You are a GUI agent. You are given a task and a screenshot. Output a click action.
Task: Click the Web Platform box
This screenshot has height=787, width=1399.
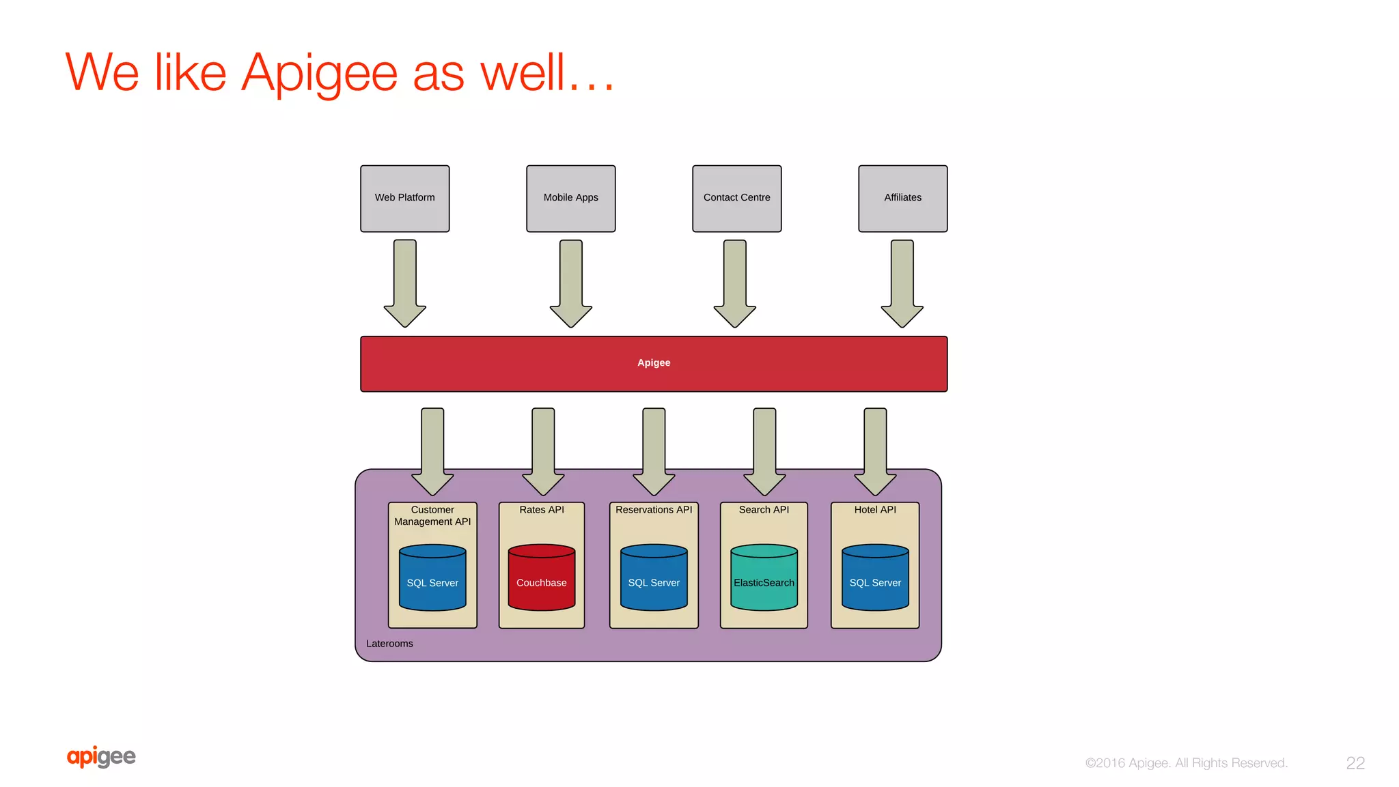click(x=404, y=198)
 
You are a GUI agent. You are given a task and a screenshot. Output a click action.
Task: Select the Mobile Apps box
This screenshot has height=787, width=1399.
click(x=570, y=198)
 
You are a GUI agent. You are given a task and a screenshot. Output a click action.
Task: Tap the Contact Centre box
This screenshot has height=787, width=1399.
click(x=736, y=198)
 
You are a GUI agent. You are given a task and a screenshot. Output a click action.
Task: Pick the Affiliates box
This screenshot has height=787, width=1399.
click(x=902, y=198)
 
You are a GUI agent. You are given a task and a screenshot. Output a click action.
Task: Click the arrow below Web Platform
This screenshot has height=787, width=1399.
click(x=405, y=283)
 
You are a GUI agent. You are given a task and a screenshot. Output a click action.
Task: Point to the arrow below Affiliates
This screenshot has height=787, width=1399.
click(x=902, y=283)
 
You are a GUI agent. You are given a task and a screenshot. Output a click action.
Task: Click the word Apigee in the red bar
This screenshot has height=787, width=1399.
click(x=654, y=362)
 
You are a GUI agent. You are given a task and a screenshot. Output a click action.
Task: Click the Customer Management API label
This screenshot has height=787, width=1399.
click(x=432, y=515)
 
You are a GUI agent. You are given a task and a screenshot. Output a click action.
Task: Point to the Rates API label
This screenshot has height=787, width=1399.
click(x=542, y=510)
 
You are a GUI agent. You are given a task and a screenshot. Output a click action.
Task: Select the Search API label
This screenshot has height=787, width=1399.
click(x=764, y=510)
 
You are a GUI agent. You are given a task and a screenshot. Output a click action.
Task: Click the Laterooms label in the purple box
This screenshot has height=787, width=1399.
click(x=389, y=644)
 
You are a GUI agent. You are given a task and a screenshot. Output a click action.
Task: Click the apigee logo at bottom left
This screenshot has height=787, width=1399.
click(x=101, y=756)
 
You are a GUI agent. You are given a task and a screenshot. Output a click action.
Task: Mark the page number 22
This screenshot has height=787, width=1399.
click(x=1355, y=763)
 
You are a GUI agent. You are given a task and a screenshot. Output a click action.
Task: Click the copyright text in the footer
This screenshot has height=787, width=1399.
click(x=1186, y=763)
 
